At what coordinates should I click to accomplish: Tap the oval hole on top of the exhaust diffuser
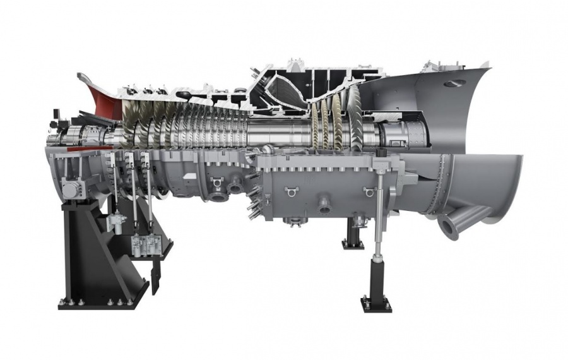tap(452, 83)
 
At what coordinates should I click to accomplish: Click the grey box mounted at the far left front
tap(69, 189)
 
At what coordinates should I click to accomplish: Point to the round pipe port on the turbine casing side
tap(326, 204)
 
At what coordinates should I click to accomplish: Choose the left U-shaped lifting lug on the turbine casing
tap(291, 189)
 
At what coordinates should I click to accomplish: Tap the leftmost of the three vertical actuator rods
tap(113, 183)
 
